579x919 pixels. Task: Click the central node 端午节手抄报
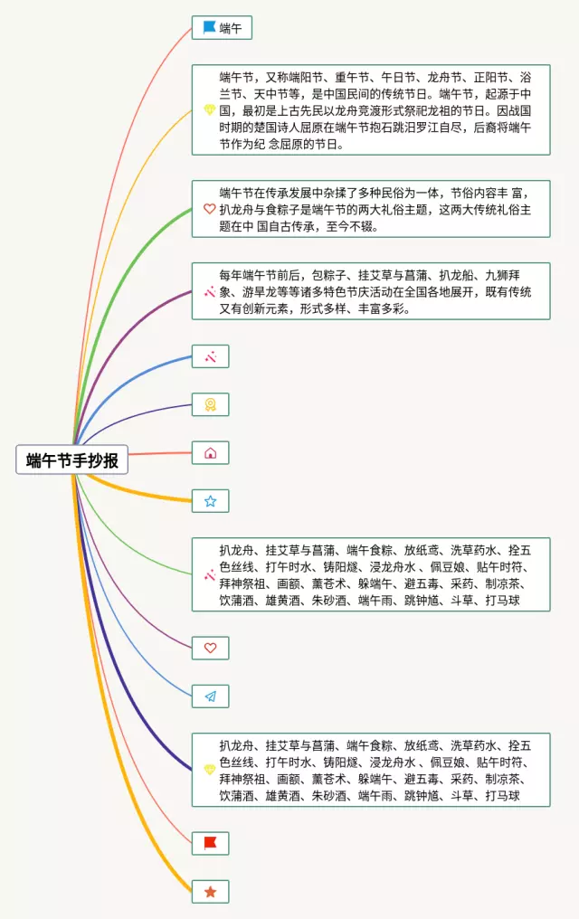pos(72,460)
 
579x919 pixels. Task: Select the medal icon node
pos(210,404)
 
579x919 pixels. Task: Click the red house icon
pos(210,452)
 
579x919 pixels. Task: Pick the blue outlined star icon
pos(210,500)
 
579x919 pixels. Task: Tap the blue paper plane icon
pos(210,696)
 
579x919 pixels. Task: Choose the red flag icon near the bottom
pos(210,843)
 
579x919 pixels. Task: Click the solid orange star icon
pos(210,891)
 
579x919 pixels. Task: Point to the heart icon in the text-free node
pos(210,648)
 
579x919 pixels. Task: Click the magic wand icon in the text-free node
pos(210,356)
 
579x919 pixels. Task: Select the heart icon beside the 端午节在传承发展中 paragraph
pos(209,209)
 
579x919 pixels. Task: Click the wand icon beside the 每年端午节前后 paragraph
pos(209,291)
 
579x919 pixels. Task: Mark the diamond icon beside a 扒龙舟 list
pos(209,770)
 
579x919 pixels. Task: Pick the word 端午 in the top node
pos(231,28)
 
